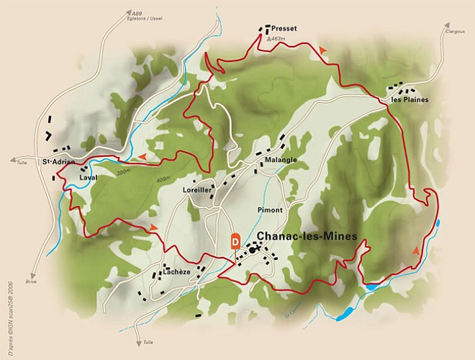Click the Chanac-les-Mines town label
click(x=307, y=237)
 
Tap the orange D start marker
click(x=235, y=241)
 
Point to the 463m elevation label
click(x=276, y=40)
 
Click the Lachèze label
click(x=176, y=272)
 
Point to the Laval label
click(x=88, y=176)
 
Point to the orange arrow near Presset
click(x=323, y=48)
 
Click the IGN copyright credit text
click(x=10, y=302)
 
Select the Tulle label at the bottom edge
click(x=148, y=342)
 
